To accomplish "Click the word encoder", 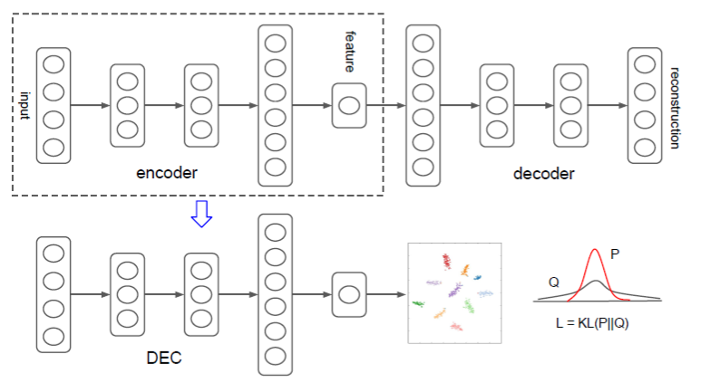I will pyautogui.click(x=167, y=171).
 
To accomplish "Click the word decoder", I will pyautogui.click(x=543, y=174).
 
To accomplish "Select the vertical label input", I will pyautogui.click(x=24, y=105).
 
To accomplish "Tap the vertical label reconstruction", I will pyautogui.click(x=675, y=107).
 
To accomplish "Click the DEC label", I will pyautogui.click(x=164, y=358).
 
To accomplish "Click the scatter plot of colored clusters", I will pyautogui.click(x=454, y=292).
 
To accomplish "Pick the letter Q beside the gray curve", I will pyautogui.click(x=552, y=282).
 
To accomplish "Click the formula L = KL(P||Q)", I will pyautogui.click(x=592, y=323).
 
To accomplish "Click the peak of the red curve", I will pyautogui.click(x=594, y=251).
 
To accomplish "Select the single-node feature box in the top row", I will pyautogui.click(x=349, y=105).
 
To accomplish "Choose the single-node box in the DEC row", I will pyautogui.click(x=349, y=294).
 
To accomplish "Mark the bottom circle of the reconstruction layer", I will pyautogui.click(x=645, y=147).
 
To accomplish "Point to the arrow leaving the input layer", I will pyautogui.click(x=90, y=105).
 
